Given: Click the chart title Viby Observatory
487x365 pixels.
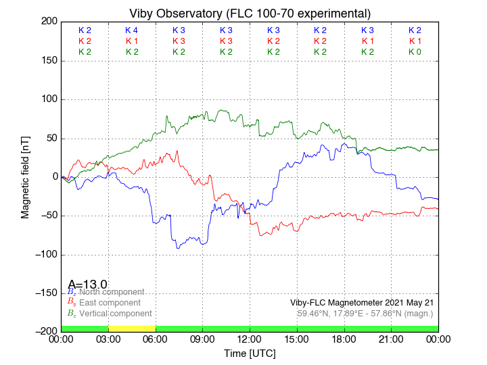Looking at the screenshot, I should [250, 14].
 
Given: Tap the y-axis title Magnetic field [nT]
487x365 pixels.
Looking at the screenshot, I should [25, 176].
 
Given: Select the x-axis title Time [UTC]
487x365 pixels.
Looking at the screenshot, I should [250, 354].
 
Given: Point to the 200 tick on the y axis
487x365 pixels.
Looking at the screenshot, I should [49, 22].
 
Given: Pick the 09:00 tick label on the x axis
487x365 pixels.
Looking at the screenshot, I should [203, 339].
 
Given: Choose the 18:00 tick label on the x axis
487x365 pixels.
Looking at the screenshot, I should [344, 339].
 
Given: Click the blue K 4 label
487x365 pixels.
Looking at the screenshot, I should [132, 30].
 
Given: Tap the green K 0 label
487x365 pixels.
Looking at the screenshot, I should [415, 52].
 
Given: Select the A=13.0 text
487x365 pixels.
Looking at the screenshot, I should [87, 285].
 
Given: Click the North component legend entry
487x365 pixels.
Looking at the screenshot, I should [108, 292].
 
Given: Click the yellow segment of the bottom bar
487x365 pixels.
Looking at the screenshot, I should [132, 328].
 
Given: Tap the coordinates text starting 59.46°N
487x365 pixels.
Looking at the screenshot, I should [365, 314].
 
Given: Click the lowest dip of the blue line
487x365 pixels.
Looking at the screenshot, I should [178, 248].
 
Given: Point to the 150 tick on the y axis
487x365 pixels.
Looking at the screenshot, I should [49, 61].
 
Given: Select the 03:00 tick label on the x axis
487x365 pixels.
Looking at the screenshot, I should [108, 339].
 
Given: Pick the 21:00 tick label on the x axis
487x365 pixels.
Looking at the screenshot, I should [392, 339].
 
